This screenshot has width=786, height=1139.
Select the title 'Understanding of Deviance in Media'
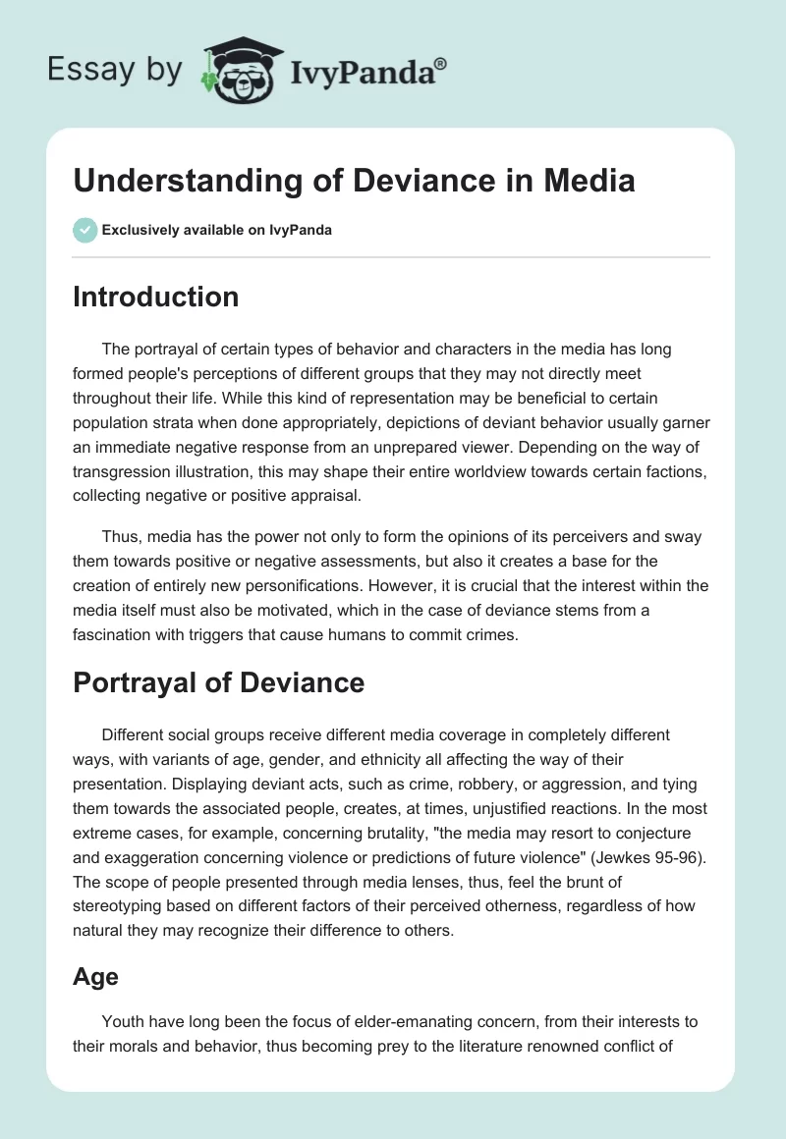(x=354, y=181)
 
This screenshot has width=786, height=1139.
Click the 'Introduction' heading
(x=155, y=297)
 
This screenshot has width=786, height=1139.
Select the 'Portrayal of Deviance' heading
(x=218, y=683)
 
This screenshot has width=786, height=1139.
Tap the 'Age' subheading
(x=95, y=978)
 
